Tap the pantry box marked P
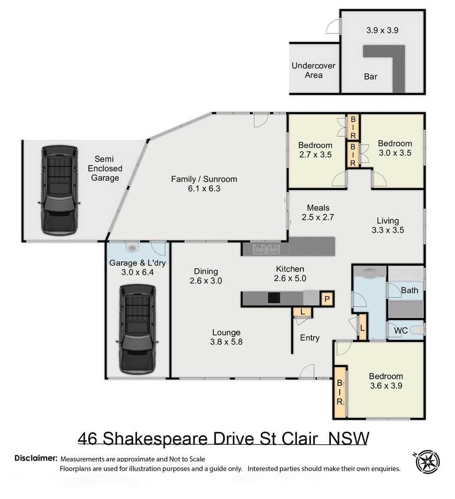327,299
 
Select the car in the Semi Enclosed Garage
59,190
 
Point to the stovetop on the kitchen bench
274,298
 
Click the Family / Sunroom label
204,179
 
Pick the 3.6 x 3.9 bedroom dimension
386,385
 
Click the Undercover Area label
313,70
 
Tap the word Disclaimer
36,458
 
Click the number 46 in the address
88,438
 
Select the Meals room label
318,208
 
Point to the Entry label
310,338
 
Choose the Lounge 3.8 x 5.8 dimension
226,341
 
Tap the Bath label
409,290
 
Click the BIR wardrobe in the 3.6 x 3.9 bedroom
340,392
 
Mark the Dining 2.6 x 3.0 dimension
206,281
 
